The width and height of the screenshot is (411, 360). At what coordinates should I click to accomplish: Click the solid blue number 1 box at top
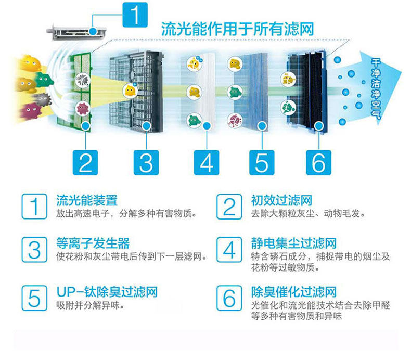(x=135, y=15)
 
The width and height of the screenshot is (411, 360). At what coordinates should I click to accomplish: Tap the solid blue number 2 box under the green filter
(x=85, y=162)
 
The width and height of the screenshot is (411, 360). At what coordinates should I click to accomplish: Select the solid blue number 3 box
(x=146, y=162)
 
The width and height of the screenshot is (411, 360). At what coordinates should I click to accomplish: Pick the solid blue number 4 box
(x=207, y=162)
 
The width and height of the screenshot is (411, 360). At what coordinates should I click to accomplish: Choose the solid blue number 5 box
(x=262, y=162)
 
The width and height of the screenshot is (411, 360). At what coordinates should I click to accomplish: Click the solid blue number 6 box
(x=318, y=162)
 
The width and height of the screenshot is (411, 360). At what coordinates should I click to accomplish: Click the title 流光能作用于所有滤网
(x=237, y=29)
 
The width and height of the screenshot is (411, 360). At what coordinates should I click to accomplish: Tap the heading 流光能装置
(x=87, y=201)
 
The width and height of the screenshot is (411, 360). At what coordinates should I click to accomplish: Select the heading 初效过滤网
(x=281, y=201)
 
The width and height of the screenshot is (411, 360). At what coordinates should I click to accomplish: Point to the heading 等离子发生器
(x=93, y=243)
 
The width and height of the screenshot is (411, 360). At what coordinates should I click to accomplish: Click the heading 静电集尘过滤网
(x=294, y=243)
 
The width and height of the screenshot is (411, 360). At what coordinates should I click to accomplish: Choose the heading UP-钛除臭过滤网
(x=107, y=292)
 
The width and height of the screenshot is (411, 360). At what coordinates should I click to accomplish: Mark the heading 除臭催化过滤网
(x=294, y=292)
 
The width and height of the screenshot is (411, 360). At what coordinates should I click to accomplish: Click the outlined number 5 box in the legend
(x=34, y=298)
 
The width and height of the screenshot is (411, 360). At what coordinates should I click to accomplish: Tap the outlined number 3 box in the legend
(x=34, y=250)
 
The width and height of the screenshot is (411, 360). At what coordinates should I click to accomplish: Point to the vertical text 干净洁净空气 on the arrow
(x=376, y=88)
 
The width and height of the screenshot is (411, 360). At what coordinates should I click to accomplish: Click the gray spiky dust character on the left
(x=43, y=100)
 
